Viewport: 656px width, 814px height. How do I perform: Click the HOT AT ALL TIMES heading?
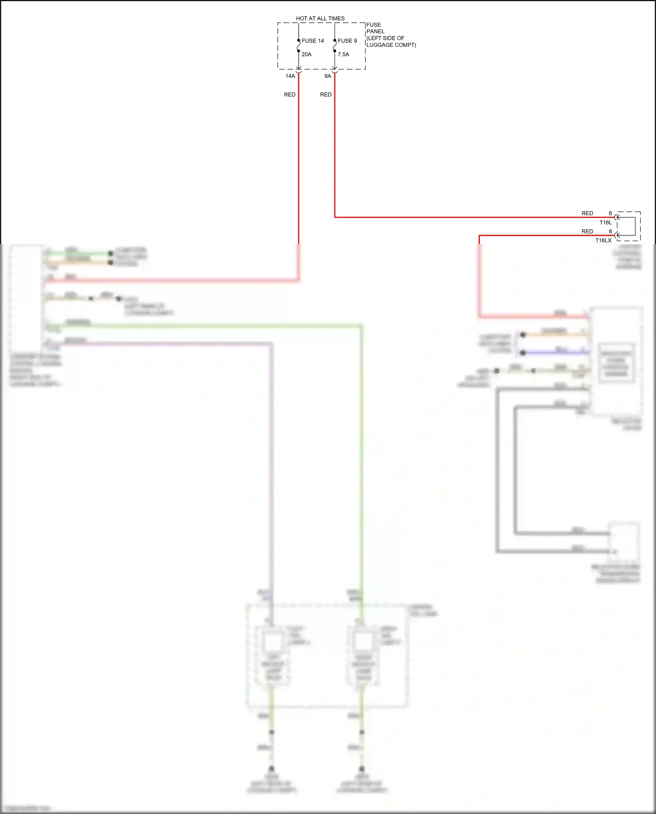click(320, 18)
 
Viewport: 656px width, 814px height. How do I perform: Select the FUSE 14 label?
click(313, 41)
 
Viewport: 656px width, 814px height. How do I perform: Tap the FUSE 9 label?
click(347, 41)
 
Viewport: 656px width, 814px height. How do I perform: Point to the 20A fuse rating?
click(307, 54)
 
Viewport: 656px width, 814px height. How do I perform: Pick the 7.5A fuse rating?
click(343, 54)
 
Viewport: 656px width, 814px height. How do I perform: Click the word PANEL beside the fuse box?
click(375, 31)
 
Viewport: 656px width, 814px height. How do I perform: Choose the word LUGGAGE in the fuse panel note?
click(380, 45)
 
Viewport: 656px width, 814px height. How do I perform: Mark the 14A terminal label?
click(290, 76)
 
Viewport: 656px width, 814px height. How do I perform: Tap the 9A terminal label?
click(328, 76)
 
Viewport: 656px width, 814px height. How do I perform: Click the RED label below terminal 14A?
click(290, 94)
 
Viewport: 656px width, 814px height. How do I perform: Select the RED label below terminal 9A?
click(326, 94)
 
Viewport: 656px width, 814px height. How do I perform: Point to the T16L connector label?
click(606, 223)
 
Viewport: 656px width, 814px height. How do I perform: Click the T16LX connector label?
click(604, 241)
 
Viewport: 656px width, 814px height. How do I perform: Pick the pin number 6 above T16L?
click(611, 213)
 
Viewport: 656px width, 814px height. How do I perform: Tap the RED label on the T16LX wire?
click(587, 231)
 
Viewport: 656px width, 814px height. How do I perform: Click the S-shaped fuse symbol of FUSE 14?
click(299, 46)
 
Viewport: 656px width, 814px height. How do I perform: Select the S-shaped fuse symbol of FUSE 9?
click(335, 46)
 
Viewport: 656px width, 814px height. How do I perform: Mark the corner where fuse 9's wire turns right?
click(335, 217)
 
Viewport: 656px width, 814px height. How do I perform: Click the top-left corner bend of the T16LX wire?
click(479, 236)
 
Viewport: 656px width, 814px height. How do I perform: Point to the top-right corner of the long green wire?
click(361, 326)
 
